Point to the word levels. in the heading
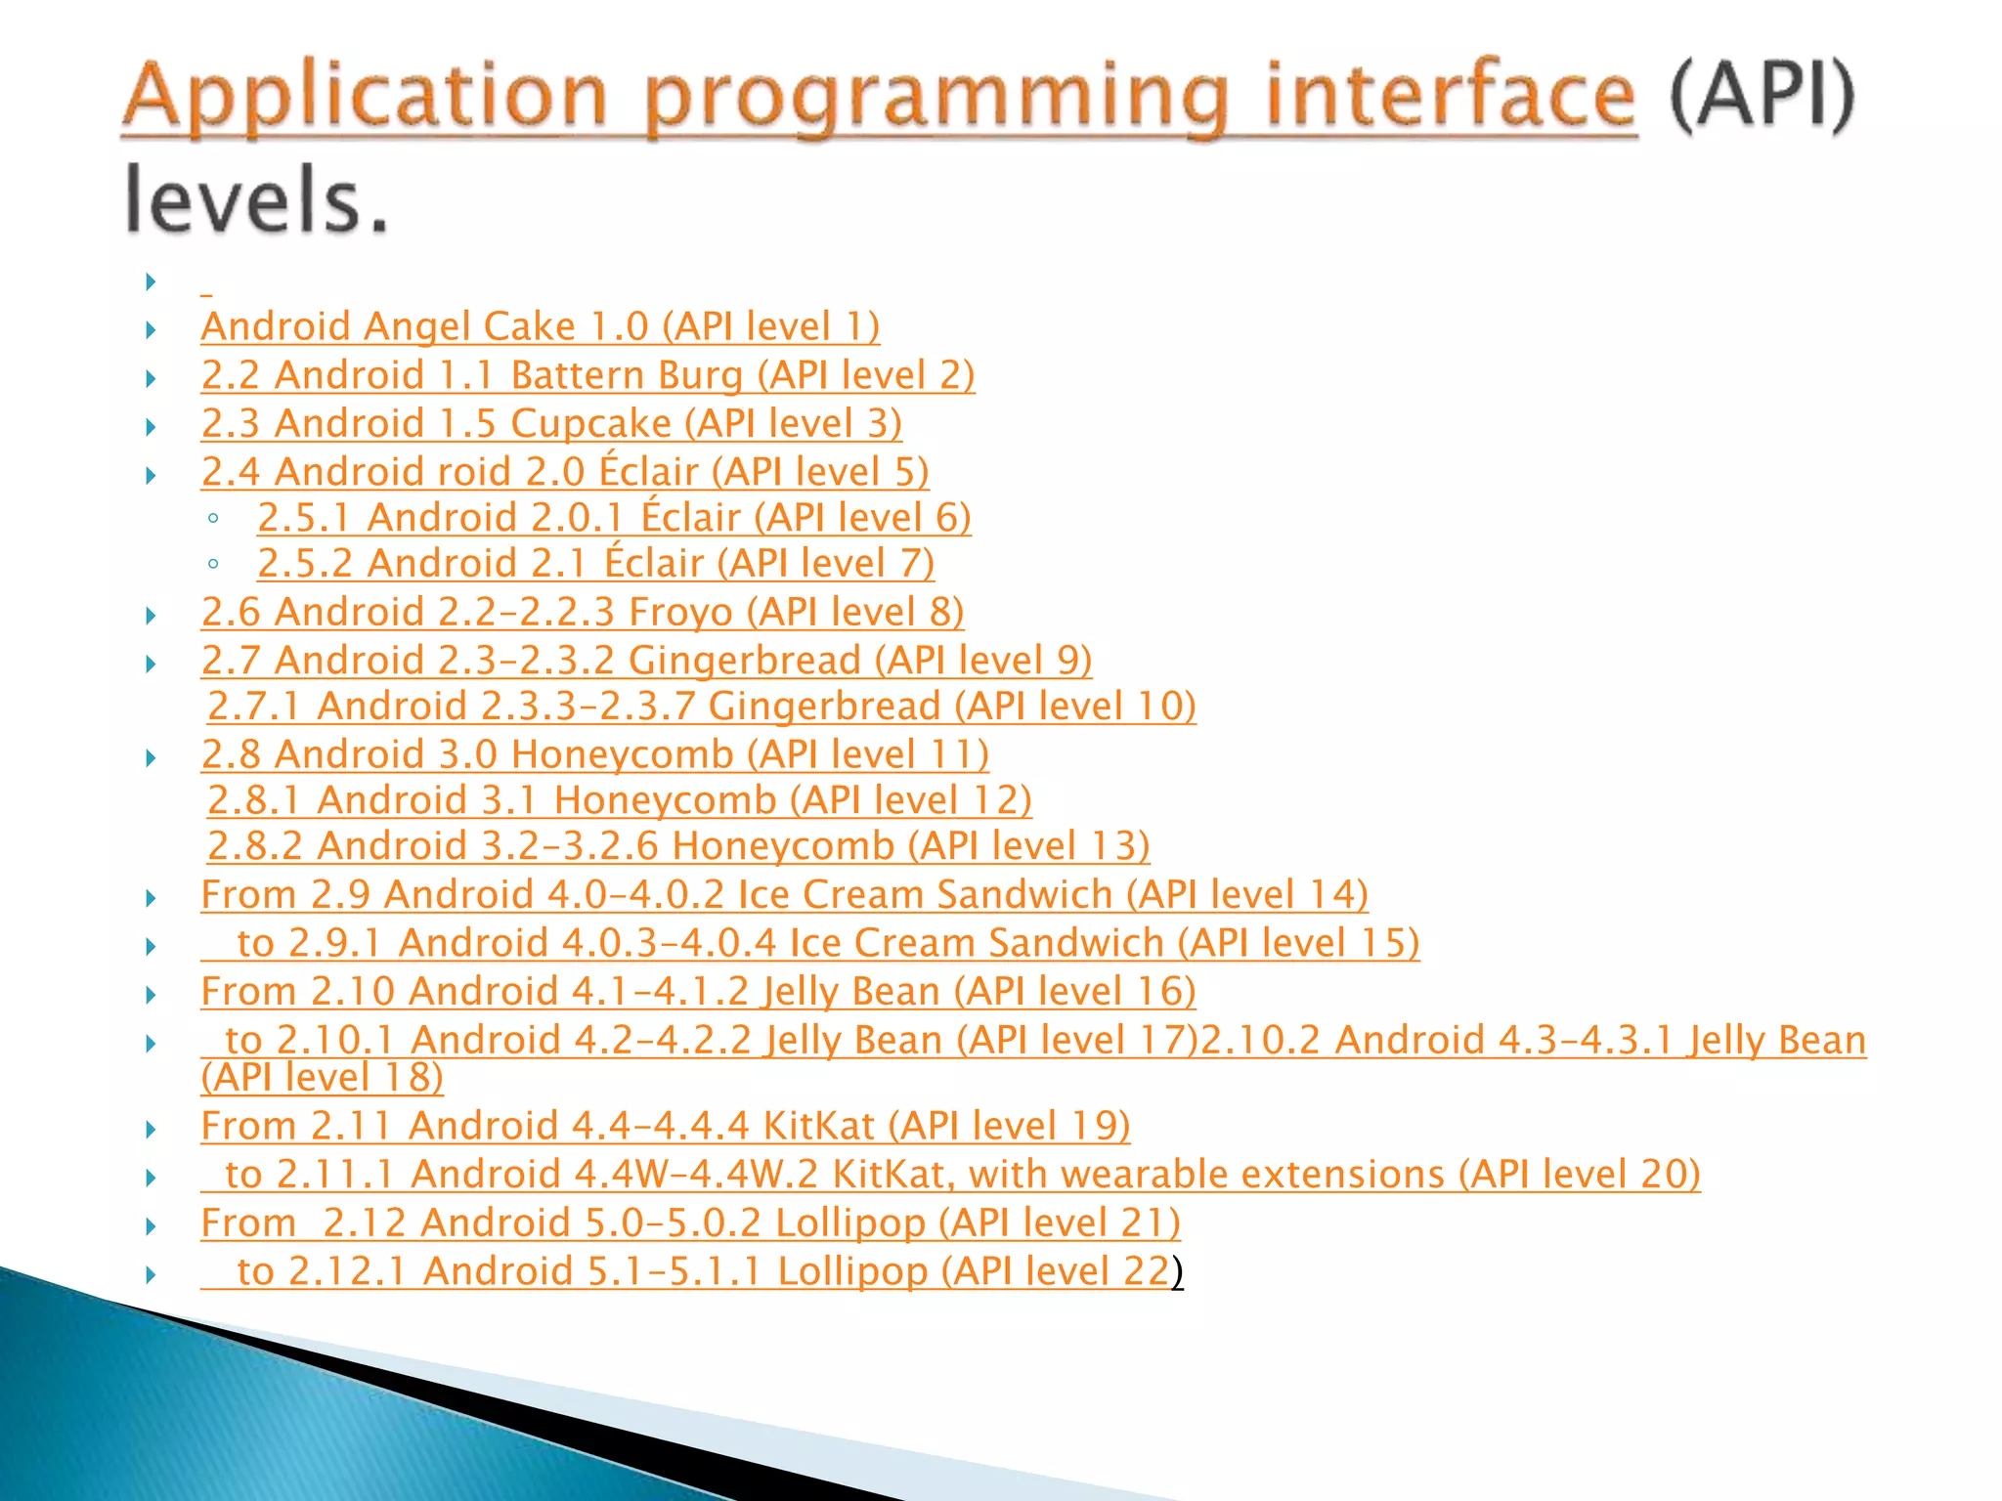(256, 200)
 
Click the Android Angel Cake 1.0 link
(540, 326)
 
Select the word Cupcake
(590, 423)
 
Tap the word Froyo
(680, 613)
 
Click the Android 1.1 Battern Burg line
(588, 375)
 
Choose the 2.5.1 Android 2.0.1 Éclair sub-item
(614, 518)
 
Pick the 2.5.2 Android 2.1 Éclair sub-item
(595, 564)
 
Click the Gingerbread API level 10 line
(701, 707)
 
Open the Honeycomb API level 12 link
(619, 800)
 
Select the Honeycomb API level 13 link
(677, 846)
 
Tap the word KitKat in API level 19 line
(818, 1127)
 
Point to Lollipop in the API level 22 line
(851, 1271)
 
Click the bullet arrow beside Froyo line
(152, 616)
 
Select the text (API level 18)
(322, 1078)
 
